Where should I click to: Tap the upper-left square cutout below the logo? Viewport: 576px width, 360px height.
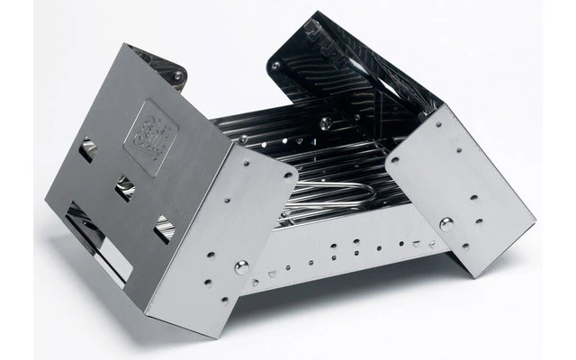[88, 152]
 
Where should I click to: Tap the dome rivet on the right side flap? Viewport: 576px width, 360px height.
[447, 224]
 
